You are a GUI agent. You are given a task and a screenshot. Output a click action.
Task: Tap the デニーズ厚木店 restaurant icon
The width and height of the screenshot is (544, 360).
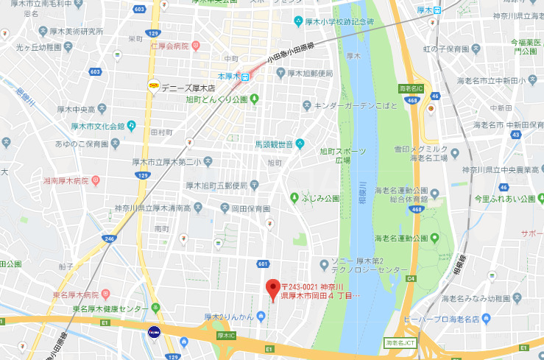(x=153, y=85)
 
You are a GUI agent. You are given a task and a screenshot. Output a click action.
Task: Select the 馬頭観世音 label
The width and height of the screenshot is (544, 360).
(x=274, y=143)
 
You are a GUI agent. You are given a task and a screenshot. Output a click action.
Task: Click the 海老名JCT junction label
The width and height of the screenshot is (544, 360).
(x=398, y=343)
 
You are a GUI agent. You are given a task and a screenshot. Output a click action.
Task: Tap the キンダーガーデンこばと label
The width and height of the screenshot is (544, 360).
(x=356, y=106)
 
